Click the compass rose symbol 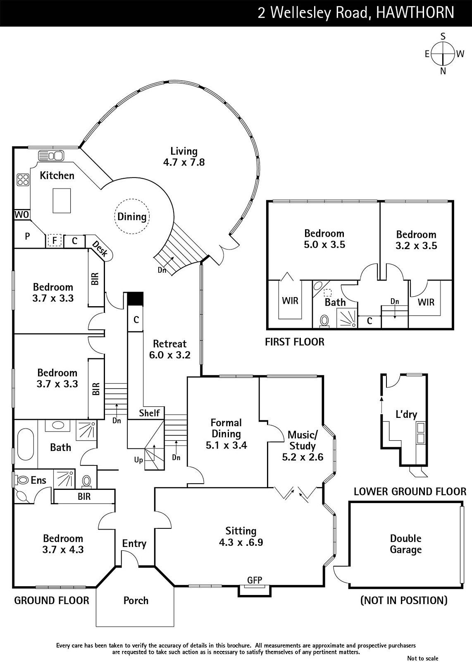coord(443,54)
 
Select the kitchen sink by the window coord(51,156)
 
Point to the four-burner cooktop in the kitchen coord(23,180)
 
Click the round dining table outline coord(132,216)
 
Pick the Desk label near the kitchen coord(100,249)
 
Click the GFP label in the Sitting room coord(255,580)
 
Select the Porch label coord(136,600)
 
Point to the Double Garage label coord(405,544)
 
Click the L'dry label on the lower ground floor coord(406,414)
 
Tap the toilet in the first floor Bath coord(324,321)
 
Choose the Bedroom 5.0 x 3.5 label coord(324,239)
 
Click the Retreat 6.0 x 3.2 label coord(169,349)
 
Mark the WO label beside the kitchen coord(21,215)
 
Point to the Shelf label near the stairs coord(149,413)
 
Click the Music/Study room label coord(303,446)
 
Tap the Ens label coord(38,480)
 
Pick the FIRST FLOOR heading coord(294,342)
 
